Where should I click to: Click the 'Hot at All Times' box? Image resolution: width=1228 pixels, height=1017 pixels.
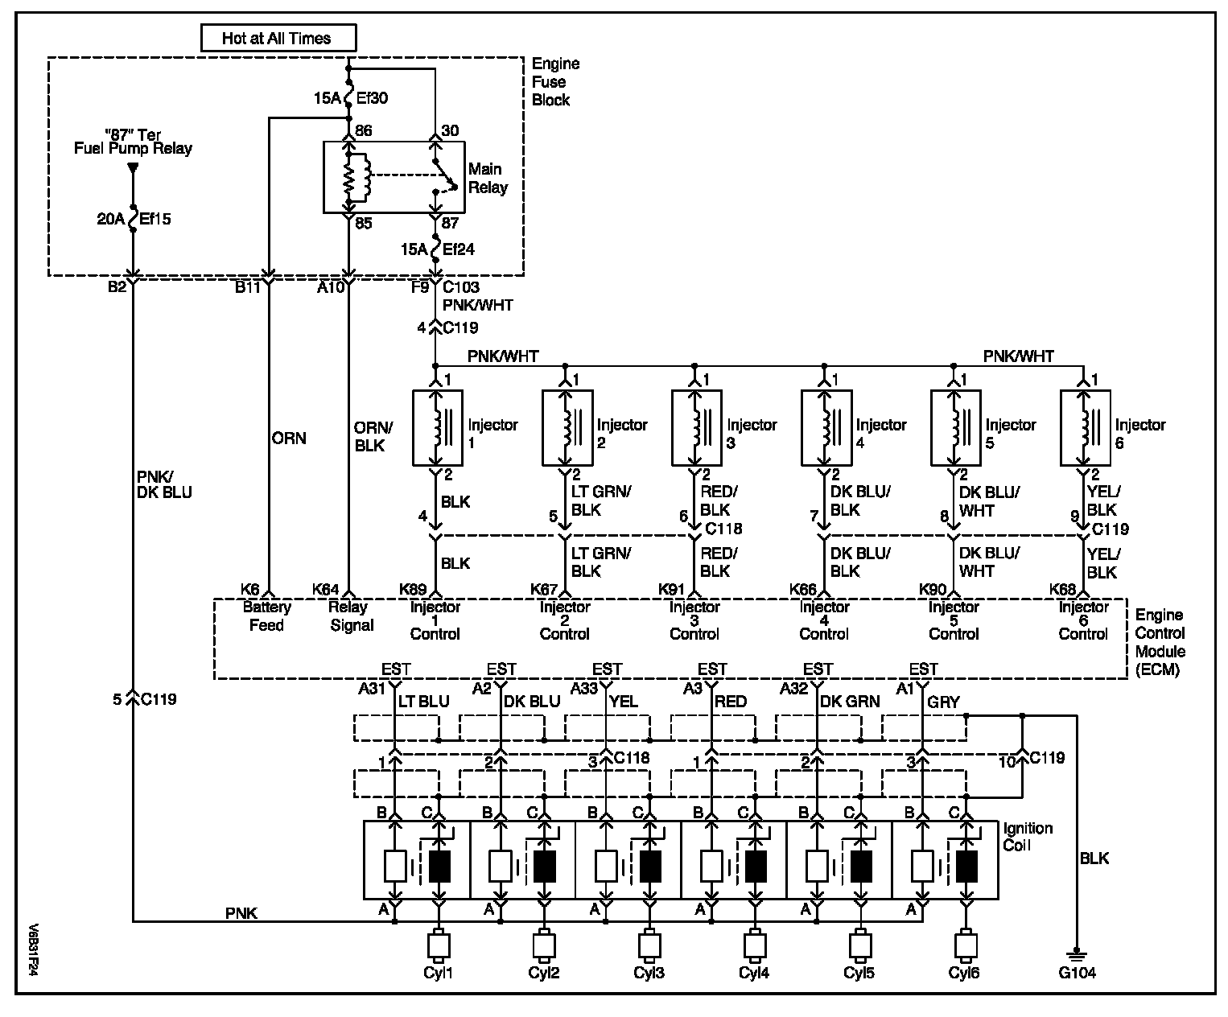(x=278, y=39)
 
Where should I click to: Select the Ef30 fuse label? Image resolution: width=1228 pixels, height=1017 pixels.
(x=372, y=98)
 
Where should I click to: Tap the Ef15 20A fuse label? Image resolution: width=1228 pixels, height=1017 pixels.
(x=134, y=219)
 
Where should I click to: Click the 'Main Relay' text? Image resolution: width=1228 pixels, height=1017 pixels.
(x=488, y=179)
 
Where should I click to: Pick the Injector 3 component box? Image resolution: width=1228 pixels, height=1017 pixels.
(x=696, y=428)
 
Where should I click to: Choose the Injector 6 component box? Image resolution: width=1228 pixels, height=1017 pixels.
(x=1085, y=428)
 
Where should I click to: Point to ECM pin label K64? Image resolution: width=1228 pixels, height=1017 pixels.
(x=325, y=590)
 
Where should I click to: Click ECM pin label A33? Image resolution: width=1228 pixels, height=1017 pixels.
(x=584, y=688)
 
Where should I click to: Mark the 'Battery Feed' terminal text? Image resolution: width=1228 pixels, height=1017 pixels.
(x=267, y=616)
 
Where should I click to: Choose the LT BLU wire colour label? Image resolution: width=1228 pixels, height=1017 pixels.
(x=423, y=701)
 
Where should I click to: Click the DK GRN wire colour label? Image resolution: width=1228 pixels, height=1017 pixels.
(x=850, y=701)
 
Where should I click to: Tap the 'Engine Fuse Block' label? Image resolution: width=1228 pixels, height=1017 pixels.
(x=556, y=82)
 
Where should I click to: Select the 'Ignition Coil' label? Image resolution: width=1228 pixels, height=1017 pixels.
(x=1028, y=837)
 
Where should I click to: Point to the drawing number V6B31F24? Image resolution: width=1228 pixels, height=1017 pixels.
(x=34, y=950)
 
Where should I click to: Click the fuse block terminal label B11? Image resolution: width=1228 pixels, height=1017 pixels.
(x=248, y=287)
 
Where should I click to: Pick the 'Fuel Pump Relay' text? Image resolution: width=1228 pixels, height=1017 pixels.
(x=133, y=149)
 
